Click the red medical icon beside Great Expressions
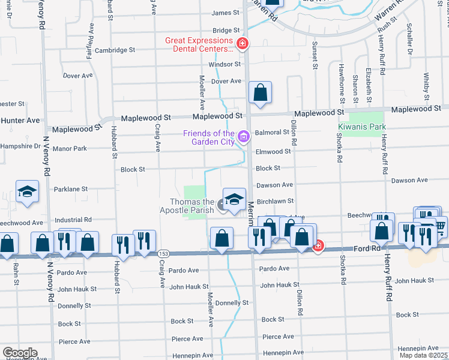point(243,43)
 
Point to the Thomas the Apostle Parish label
point(187,206)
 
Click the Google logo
point(19,353)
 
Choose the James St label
point(226,13)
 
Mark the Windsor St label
point(224,64)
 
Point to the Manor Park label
point(69,148)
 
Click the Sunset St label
point(315,56)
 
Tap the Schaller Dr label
point(410,40)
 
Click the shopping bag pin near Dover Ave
point(261,93)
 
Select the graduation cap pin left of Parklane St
point(28,192)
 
